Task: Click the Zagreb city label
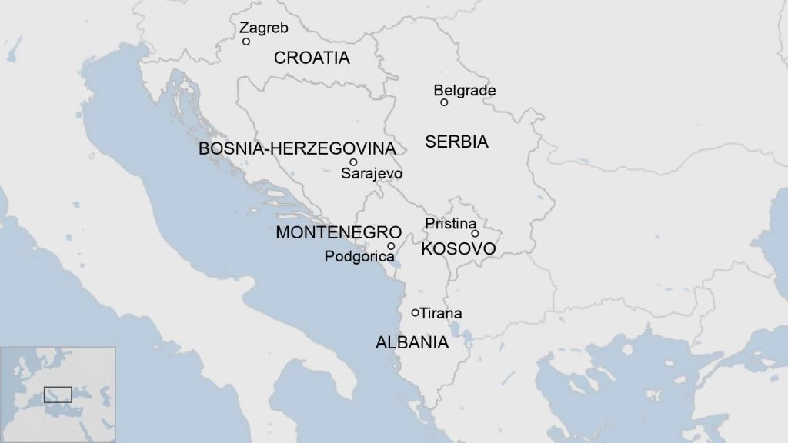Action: coord(263,28)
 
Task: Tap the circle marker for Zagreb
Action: coord(246,42)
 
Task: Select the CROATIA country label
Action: coord(312,58)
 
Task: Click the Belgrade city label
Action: coord(464,91)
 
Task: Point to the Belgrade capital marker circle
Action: coord(444,102)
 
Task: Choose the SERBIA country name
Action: coord(456,142)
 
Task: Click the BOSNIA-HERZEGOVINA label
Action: coord(297,148)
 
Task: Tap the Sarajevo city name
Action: coord(372,174)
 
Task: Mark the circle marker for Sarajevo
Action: coord(353,162)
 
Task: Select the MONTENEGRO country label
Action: coord(339,232)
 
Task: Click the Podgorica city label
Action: coord(359,257)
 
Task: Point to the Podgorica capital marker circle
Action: coord(391,246)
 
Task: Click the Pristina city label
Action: coord(451,224)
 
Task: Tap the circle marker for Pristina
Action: coord(475,233)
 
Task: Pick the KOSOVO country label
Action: coord(458,250)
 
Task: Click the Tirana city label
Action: coord(441,313)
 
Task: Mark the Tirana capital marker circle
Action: coord(416,312)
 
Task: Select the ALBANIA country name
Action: coord(412,343)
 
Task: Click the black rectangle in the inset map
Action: coord(58,394)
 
